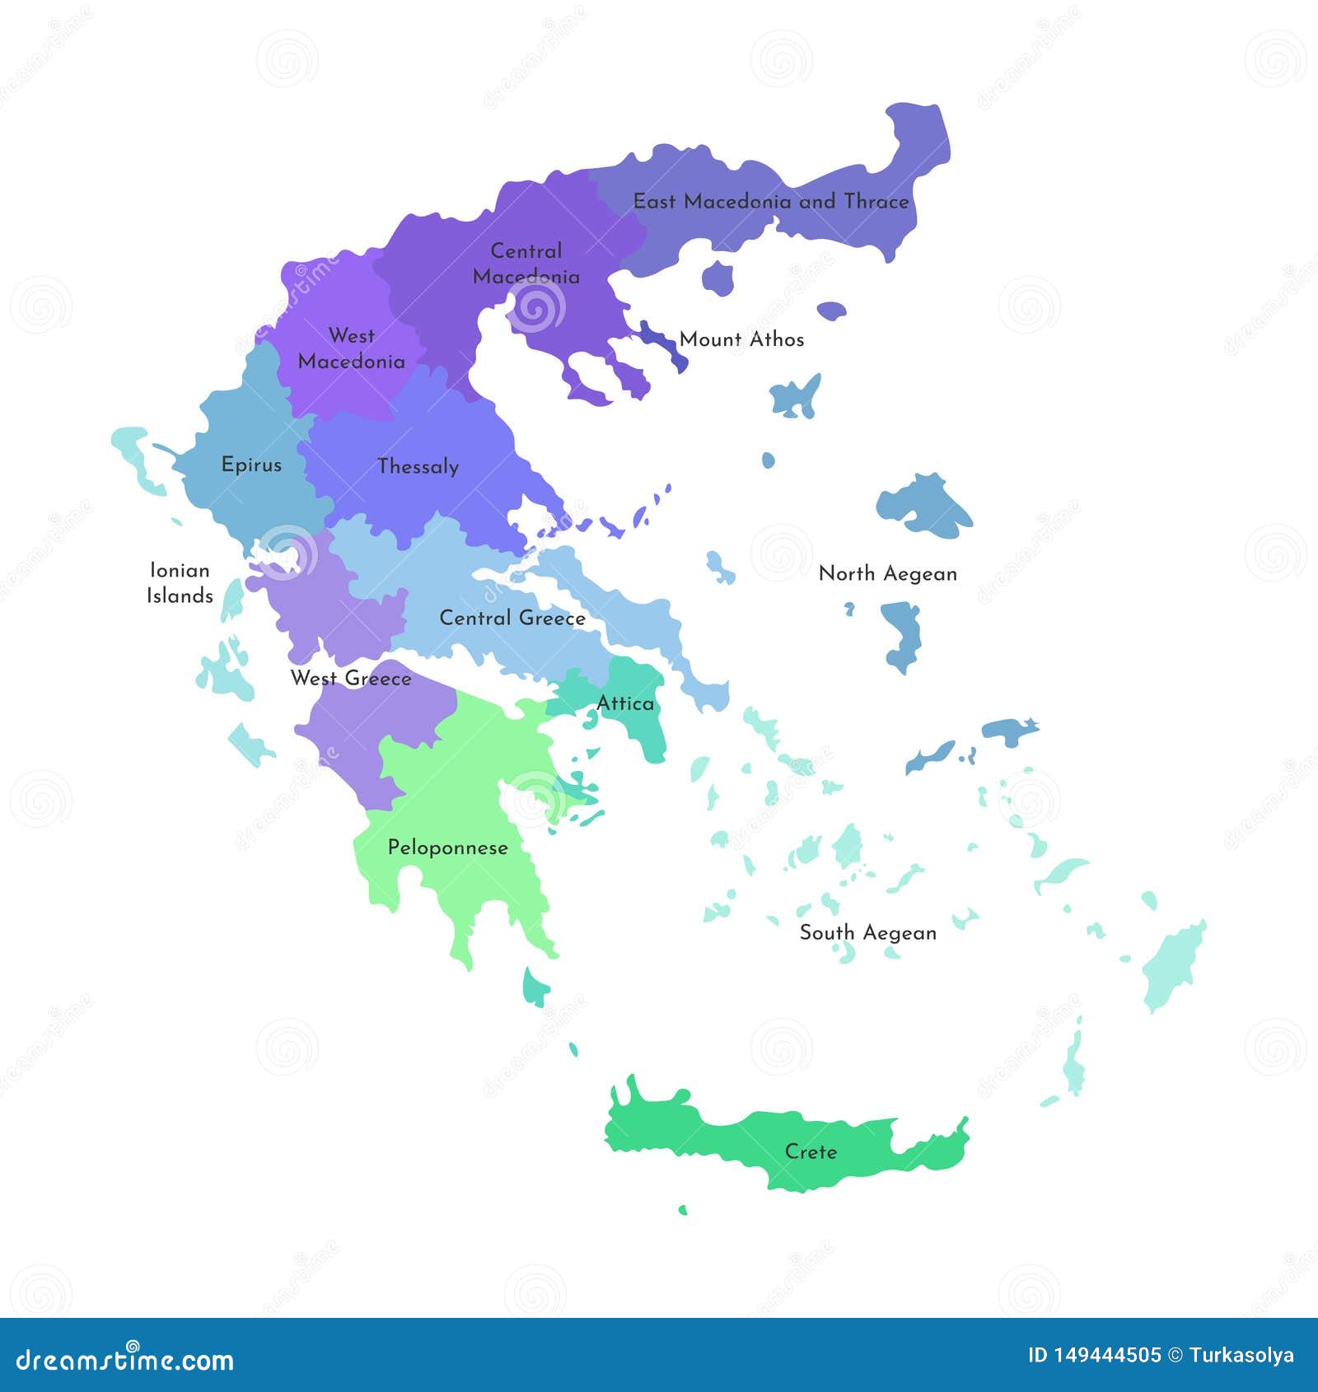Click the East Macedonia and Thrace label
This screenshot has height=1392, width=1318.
770,202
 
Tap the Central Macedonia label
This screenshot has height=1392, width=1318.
526,264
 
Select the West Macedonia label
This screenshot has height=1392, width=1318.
352,348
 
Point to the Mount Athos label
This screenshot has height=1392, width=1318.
741,339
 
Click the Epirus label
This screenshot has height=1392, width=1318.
251,465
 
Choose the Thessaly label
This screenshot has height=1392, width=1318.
418,467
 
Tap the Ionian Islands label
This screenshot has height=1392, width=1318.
180,583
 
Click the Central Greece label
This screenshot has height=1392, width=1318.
512,618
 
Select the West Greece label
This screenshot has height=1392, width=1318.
351,679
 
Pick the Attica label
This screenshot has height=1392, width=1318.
625,703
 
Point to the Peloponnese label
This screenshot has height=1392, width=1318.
447,848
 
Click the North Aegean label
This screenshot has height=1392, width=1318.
887,574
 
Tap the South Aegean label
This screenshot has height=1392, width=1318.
867,933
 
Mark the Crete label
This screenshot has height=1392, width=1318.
811,1151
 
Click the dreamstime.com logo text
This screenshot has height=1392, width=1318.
125,1360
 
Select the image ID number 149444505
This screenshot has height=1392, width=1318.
1107,1355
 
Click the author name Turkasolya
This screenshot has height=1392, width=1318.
1241,1355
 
